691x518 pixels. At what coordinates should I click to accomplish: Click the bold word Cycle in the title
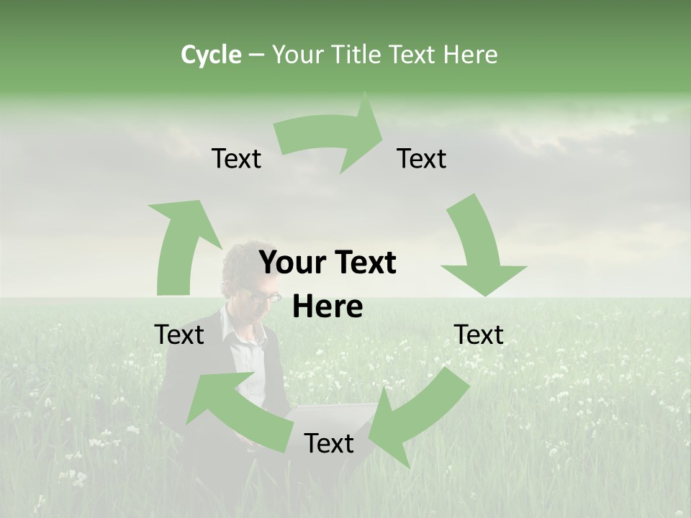point(211,55)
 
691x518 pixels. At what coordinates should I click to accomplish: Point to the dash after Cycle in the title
point(256,55)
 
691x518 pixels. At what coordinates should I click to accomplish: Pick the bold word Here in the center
point(328,307)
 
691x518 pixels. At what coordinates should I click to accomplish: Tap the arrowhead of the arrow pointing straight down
point(484,278)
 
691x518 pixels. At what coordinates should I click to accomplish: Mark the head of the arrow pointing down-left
point(389,432)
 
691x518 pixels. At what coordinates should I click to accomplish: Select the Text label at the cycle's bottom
point(328,444)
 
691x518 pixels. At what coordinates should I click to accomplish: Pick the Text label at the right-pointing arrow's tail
point(236,159)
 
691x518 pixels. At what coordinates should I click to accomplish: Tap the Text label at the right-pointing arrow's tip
point(422,159)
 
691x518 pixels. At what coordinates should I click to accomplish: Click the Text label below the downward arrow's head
point(479,335)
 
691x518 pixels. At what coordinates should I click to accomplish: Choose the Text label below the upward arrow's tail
point(179,335)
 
